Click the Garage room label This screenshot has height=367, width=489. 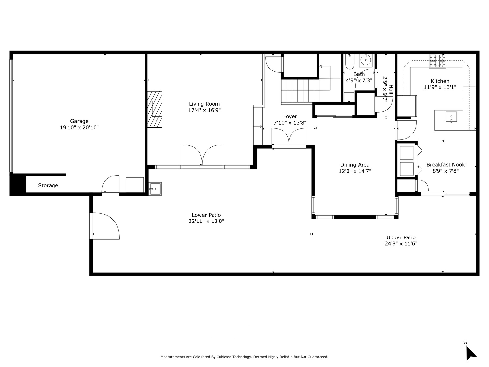[79, 121]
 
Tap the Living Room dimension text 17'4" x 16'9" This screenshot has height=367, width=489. [204, 110]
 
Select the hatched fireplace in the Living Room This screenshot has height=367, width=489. [155, 109]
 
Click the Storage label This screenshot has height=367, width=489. [48, 185]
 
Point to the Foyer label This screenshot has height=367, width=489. [290, 116]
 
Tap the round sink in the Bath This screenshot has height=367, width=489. [365, 60]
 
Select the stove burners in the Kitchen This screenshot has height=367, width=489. [438, 61]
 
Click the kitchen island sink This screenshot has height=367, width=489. [451, 117]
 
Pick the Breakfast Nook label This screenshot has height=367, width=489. [446, 165]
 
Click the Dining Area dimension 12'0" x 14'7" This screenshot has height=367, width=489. [355, 171]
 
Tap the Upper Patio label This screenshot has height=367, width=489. [401, 237]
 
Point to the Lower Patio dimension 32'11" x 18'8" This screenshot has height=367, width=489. [206, 221]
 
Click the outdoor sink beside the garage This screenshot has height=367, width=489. [155, 189]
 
